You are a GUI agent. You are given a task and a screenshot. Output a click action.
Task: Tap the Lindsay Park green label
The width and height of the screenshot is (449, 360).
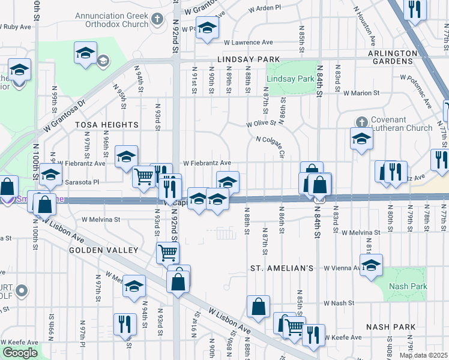[x=291, y=79]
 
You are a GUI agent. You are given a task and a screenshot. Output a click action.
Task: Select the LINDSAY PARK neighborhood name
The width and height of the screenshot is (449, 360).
[x=249, y=59]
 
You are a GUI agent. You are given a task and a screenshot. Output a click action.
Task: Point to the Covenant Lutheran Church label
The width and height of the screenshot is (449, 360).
[x=402, y=124]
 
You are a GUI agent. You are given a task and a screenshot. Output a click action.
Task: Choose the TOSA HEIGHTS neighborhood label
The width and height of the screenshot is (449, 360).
[x=107, y=125]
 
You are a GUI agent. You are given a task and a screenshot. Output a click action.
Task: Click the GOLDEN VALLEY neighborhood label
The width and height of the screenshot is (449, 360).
[x=103, y=250]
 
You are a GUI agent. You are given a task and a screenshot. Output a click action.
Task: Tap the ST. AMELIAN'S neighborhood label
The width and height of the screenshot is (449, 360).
[x=282, y=268]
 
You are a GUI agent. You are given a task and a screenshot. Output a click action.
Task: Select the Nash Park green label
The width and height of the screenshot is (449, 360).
[x=408, y=287]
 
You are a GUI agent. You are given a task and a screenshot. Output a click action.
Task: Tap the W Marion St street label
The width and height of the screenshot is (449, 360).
[x=361, y=93]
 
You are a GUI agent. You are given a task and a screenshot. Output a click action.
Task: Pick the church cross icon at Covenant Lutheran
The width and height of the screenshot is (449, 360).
[x=361, y=122]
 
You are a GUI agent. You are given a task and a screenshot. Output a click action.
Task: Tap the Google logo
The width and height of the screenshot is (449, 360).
[x=20, y=353]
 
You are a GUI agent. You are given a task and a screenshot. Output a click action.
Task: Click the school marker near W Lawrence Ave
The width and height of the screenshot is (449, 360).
[x=207, y=28]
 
